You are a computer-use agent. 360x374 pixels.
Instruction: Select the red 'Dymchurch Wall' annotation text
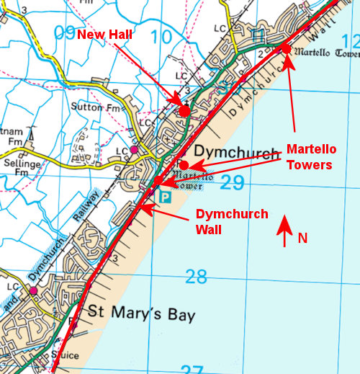click(x=232, y=222)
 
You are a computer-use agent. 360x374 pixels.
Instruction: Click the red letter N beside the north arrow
click(x=302, y=238)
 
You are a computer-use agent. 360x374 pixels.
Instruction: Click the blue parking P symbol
click(x=165, y=196)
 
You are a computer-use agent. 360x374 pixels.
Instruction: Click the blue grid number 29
click(x=233, y=183)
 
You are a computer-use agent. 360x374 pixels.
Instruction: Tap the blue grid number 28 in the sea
click(x=196, y=275)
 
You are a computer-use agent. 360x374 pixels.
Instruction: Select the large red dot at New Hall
click(x=184, y=111)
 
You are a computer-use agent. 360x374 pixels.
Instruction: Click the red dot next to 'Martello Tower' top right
click(x=285, y=48)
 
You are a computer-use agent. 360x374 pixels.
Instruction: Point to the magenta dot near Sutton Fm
click(x=133, y=149)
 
